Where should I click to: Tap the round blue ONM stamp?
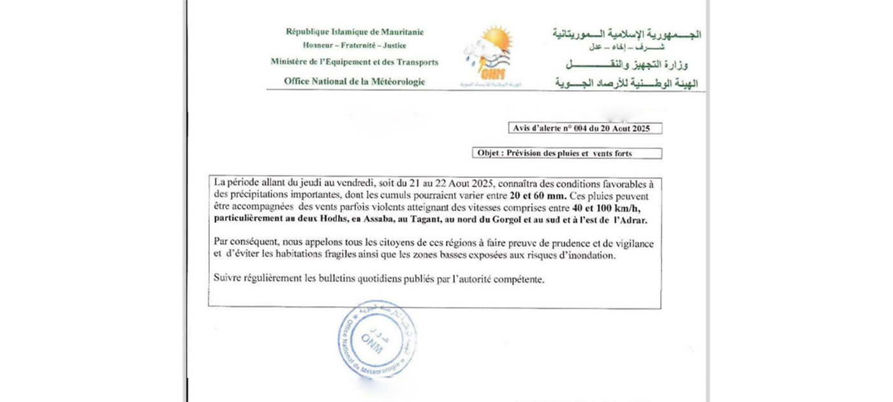pyautogui.click(x=378, y=339)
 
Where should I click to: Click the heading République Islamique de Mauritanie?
pyautogui.click(x=355, y=32)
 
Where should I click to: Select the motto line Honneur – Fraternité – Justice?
pyautogui.click(x=355, y=46)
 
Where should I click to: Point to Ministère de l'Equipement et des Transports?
pyautogui.click(x=355, y=63)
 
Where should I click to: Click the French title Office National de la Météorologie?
pyautogui.click(x=355, y=81)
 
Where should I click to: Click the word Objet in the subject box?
pyautogui.click(x=490, y=153)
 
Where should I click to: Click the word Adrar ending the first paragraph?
pyautogui.click(x=633, y=220)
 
